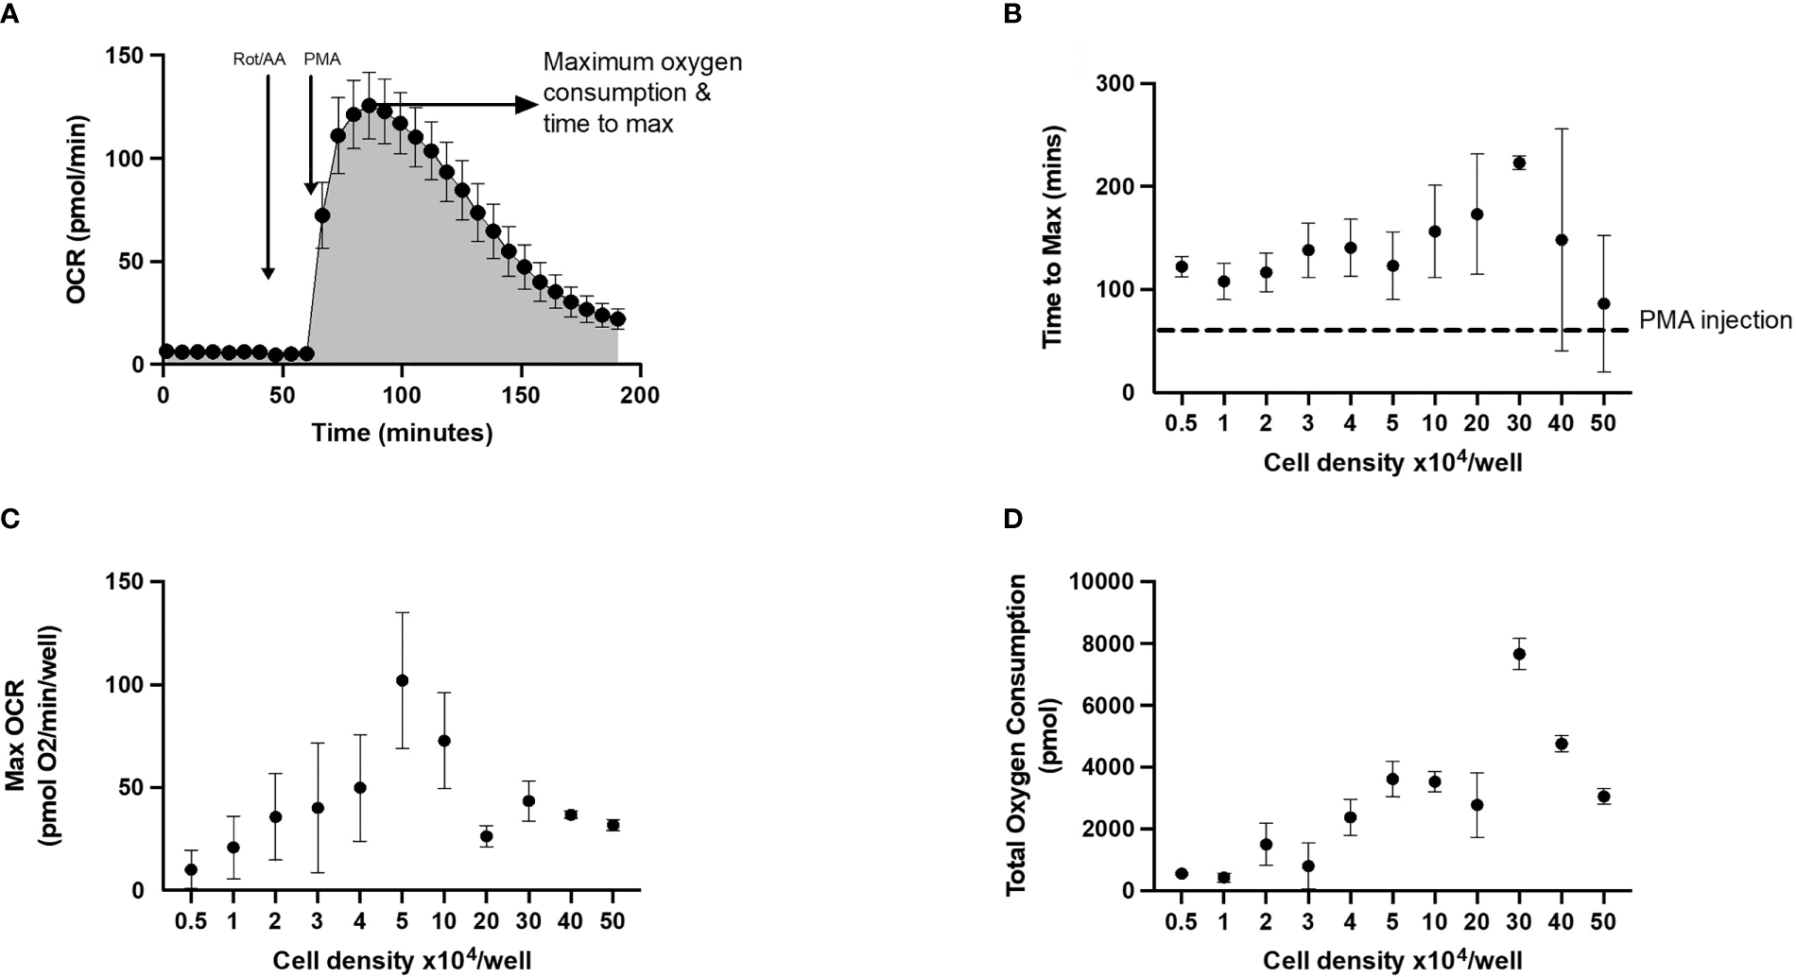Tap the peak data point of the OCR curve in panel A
click(369, 105)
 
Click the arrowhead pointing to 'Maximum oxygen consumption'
click(526, 105)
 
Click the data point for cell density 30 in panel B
click(1519, 163)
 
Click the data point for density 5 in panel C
click(402, 680)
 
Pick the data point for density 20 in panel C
click(486, 836)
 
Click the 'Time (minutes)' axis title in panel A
click(402, 433)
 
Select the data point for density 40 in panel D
click(1561, 744)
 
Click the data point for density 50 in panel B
click(1603, 303)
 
